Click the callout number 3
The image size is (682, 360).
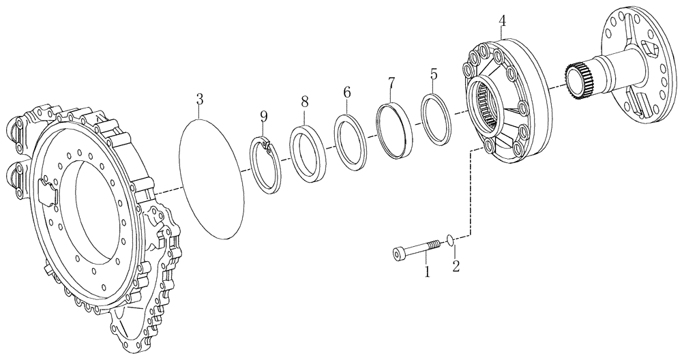pyautogui.click(x=199, y=100)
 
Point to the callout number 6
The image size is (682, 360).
pyautogui.click(x=347, y=91)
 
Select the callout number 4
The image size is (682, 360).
pyautogui.click(x=502, y=20)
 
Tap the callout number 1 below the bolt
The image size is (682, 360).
pyautogui.click(x=427, y=272)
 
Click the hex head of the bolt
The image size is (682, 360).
pyautogui.click(x=399, y=253)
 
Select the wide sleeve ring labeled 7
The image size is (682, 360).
pyautogui.click(x=395, y=130)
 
